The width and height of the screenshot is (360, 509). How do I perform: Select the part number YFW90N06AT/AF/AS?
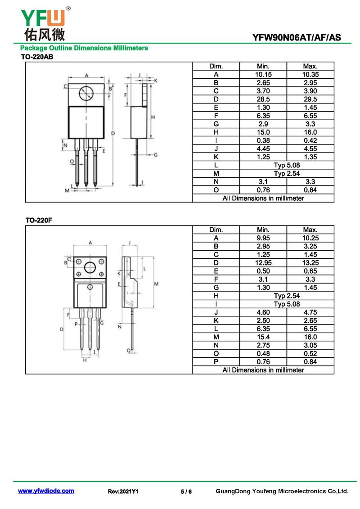tap(297, 38)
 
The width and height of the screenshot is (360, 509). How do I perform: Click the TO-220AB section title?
tap(37, 57)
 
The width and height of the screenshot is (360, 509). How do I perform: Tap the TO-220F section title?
tap(39, 220)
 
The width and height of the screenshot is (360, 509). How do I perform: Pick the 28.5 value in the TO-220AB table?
tap(263, 99)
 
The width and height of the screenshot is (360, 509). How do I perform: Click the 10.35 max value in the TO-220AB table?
tap(310, 74)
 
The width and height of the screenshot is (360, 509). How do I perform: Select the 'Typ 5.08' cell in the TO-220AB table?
tap(287, 165)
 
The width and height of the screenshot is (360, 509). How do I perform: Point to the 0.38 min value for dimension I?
tap(263, 140)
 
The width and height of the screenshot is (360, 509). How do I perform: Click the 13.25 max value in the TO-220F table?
tap(310, 263)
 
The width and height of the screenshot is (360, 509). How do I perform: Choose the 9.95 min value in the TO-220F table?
tap(263, 238)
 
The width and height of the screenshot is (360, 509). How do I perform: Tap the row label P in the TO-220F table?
tap(216, 362)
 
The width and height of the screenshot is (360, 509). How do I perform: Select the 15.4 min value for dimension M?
tap(263, 337)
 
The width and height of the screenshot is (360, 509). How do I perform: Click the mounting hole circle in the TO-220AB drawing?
tap(86, 94)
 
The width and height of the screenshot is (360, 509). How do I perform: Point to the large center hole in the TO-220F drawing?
tap(90, 267)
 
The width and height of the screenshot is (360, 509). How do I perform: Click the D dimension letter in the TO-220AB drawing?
tap(113, 133)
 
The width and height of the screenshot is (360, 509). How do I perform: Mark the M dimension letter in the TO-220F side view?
tap(156, 284)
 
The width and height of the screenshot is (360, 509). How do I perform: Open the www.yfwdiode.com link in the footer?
tap(46, 491)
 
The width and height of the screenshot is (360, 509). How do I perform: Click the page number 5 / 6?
tap(186, 491)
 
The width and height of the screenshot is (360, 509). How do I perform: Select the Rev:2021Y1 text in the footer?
tap(123, 491)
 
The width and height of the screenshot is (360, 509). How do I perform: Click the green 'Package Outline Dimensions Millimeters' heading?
tap(84, 48)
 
